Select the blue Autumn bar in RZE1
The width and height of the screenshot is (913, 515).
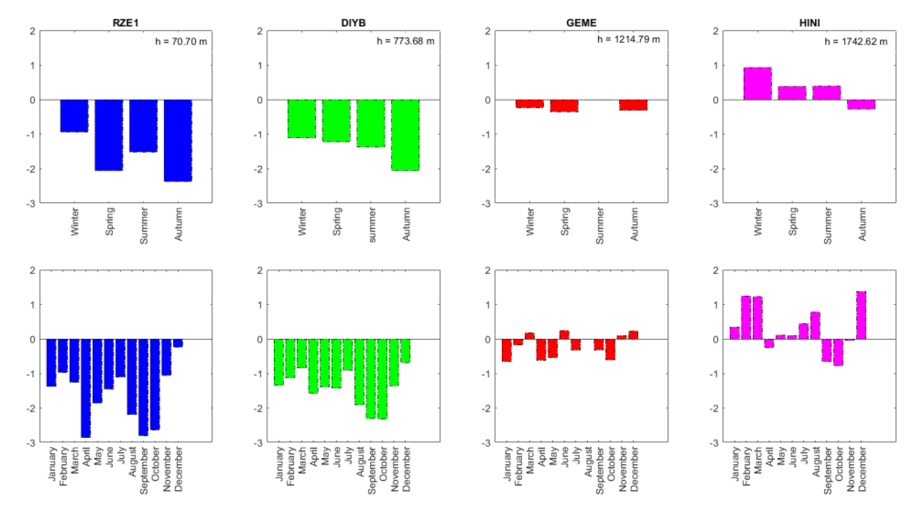(178, 140)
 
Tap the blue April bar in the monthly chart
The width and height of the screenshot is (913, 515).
(86, 388)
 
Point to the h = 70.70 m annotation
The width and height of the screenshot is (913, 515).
(181, 41)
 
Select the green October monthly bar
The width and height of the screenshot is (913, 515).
(382, 379)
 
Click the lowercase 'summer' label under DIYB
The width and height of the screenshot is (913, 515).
(371, 225)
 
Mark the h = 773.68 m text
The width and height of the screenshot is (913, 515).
(406, 41)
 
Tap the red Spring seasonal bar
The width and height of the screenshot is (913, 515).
(564, 106)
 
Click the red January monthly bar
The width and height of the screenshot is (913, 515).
(507, 350)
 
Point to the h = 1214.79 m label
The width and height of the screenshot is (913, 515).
(628, 39)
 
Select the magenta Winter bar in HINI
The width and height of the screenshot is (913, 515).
(757, 84)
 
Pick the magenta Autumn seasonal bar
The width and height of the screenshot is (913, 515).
(861, 105)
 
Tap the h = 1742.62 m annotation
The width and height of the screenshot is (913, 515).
(856, 41)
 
